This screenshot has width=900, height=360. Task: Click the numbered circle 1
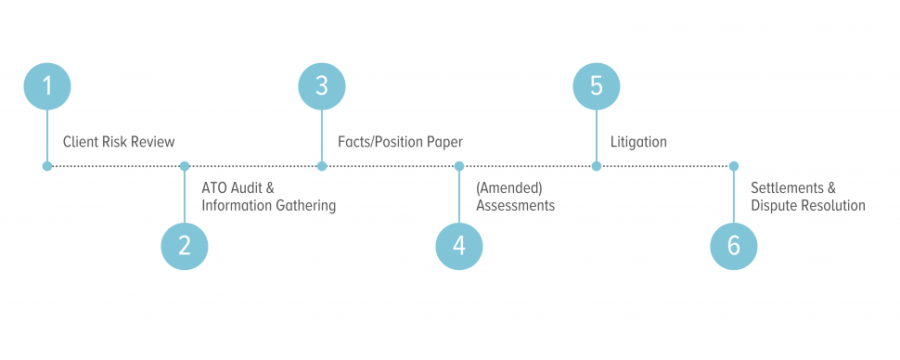click(47, 86)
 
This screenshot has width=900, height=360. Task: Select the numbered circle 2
click(185, 246)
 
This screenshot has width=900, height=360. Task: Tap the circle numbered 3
click(322, 86)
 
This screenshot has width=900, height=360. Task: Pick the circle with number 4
click(459, 246)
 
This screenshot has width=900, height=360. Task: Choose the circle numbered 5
click(597, 86)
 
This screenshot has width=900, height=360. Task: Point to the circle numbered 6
click(734, 246)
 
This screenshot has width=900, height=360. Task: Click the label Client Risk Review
click(119, 142)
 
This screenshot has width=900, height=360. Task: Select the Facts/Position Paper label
click(400, 142)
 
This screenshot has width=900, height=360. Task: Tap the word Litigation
click(638, 142)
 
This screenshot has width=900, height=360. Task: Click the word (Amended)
click(508, 187)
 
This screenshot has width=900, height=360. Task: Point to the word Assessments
click(515, 206)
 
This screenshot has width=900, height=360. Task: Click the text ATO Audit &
click(238, 187)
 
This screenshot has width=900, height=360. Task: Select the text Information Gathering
click(268, 206)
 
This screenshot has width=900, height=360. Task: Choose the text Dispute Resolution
click(807, 206)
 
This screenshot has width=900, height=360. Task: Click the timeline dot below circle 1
click(47, 166)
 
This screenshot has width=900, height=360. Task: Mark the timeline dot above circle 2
click(185, 166)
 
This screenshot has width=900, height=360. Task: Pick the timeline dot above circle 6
click(734, 166)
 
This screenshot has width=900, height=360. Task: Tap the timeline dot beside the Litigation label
click(597, 166)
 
